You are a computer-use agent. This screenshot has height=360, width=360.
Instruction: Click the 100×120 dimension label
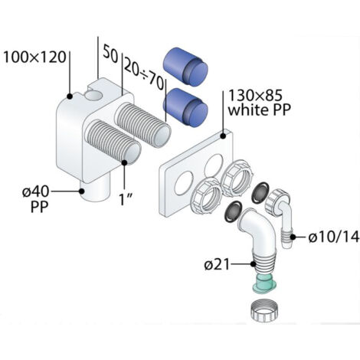point(34,57)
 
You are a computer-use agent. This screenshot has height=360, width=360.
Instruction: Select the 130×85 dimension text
point(255,96)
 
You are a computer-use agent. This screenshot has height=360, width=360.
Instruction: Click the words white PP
point(260,110)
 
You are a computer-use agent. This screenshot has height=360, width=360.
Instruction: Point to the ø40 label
point(35,191)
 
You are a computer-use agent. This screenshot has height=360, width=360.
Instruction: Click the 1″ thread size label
point(126,199)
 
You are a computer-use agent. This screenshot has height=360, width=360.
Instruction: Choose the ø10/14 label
point(334,237)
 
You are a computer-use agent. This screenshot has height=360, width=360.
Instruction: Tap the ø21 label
point(217,265)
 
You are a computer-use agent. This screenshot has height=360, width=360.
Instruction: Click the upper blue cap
point(185,67)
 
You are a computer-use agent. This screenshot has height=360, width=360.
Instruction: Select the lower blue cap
point(185,107)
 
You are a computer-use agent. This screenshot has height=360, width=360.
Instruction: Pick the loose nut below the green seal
point(264,311)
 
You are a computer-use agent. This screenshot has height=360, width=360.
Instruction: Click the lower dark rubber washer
point(233,211)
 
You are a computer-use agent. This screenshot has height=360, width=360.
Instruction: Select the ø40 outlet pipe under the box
point(94,191)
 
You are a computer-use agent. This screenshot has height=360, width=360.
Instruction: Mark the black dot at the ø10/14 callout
point(293,237)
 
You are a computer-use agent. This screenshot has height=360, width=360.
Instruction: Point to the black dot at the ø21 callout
point(253,264)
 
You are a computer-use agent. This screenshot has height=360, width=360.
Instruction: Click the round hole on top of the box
point(93,97)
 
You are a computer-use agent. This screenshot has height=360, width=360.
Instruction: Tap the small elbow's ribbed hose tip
point(287,237)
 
